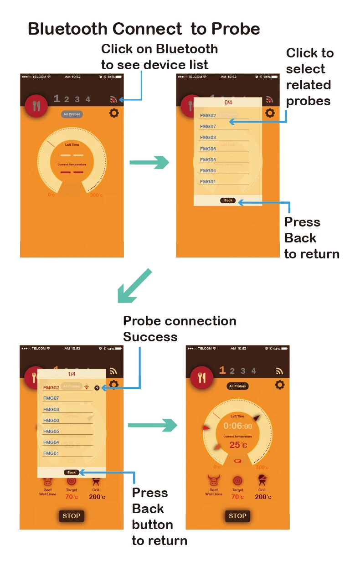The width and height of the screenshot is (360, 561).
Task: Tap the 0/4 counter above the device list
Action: coord(228,103)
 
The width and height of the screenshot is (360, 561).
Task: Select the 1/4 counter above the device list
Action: coord(72,374)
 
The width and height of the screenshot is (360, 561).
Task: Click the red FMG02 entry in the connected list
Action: coord(51,387)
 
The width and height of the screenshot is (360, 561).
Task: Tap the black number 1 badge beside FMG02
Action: coord(97,387)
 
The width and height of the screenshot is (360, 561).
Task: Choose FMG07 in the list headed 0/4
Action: coord(208,127)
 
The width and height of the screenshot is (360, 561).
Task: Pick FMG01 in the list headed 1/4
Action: coord(51,453)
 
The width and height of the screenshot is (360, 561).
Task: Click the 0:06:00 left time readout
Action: coord(237,426)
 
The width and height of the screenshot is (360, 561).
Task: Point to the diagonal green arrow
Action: coord(134,285)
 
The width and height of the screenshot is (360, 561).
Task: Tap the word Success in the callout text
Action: coord(150,337)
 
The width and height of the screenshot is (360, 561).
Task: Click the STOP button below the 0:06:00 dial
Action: coord(237,516)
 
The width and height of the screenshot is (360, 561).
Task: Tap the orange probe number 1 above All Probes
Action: coord(222,370)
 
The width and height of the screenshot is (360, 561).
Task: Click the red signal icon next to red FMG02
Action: coord(87,387)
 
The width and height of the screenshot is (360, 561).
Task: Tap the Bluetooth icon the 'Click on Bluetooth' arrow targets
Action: coord(114,99)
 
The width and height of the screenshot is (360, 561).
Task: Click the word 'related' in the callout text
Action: coord(309,85)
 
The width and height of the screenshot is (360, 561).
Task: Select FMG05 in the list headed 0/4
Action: coord(208,160)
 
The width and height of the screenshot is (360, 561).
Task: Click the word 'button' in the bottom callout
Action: coord(152,525)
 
